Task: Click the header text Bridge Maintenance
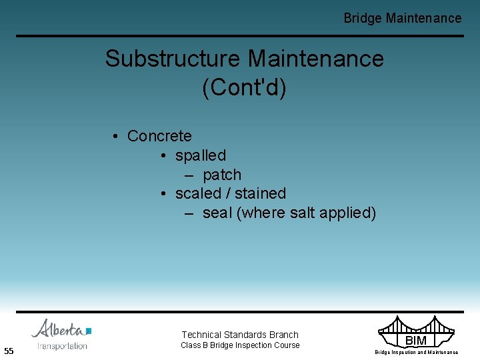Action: pos(402,19)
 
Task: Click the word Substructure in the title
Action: pos(173,59)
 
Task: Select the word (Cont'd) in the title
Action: pos(244,88)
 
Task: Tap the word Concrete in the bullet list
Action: pos(159,136)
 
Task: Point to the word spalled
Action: pos(201,155)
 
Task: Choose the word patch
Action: pos(222,175)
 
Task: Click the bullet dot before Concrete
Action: pos(115,137)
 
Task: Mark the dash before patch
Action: pos(189,175)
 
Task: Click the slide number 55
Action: pos(9,351)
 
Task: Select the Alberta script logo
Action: pos(61,329)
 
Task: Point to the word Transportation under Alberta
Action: pos(62,346)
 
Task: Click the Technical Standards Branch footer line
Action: pos(240,335)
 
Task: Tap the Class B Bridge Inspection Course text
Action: pos(240,345)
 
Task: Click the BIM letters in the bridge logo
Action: pos(416,341)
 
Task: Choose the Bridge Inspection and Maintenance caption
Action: pos(416,352)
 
